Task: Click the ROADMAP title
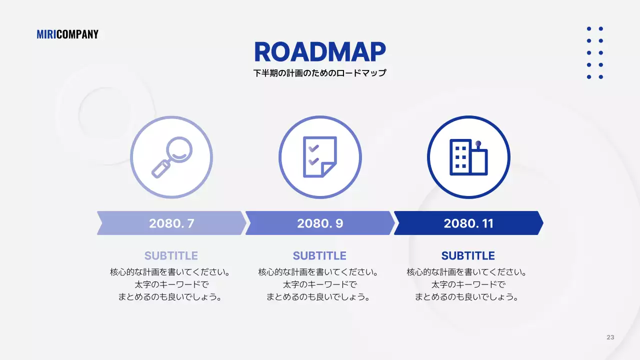pos(320,52)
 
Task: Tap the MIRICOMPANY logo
pos(67,34)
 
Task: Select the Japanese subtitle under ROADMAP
pos(320,73)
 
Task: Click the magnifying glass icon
pos(171,157)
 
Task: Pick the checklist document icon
pos(320,157)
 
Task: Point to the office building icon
pos(468,157)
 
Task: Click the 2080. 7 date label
pos(171,223)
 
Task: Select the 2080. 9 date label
pos(320,223)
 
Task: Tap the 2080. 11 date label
pos(468,223)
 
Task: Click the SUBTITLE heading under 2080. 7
pos(171,256)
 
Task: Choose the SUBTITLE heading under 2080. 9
pos(320,256)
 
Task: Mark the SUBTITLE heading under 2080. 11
pos(468,256)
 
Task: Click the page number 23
pos(610,337)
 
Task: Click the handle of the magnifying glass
pos(160,169)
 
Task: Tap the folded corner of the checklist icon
pos(328,169)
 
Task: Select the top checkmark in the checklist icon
pos(313,148)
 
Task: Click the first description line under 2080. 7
pos(171,272)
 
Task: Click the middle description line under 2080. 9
pos(320,284)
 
